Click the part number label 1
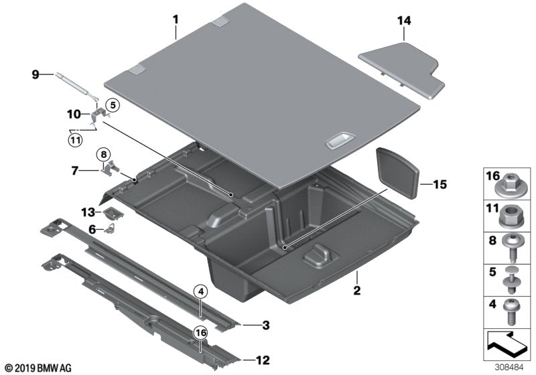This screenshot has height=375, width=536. coord(176,19)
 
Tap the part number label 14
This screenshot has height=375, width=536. coord(402,21)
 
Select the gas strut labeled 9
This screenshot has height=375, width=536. coord(78,83)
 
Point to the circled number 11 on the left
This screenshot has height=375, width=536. coord(75,140)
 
